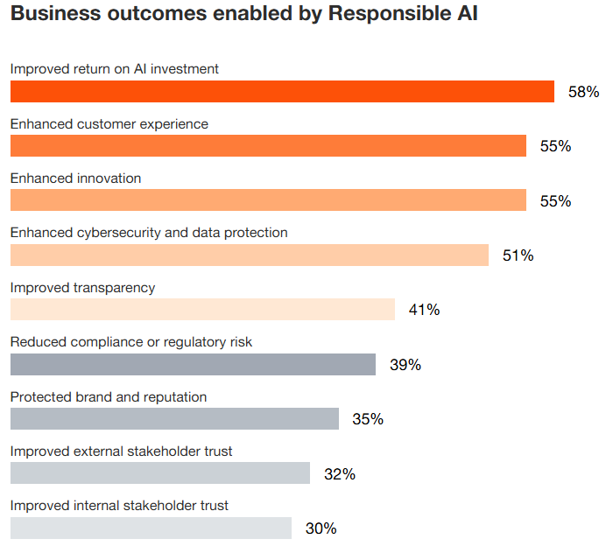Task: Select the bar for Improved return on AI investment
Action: click(x=282, y=92)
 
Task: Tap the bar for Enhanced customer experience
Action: click(x=268, y=146)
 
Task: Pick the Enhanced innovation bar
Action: click(x=268, y=200)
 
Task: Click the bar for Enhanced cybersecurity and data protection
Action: click(x=249, y=255)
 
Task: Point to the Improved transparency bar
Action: click(x=202, y=310)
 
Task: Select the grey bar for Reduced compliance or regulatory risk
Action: click(x=193, y=364)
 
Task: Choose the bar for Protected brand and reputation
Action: click(x=174, y=418)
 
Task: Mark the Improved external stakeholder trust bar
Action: click(x=160, y=473)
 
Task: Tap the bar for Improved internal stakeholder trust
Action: click(x=151, y=528)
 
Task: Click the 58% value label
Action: click(x=583, y=92)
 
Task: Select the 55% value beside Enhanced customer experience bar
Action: click(x=555, y=146)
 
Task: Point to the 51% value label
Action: click(x=518, y=255)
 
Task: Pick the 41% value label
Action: click(x=424, y=310)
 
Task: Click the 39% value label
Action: click(x=405, y=365)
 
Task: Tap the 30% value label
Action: click(x=321, y=528)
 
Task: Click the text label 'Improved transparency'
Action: click(x=82, y=288)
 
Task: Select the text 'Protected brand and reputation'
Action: click(x=109, y=397)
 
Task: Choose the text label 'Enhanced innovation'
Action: click(x=75, y=178)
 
